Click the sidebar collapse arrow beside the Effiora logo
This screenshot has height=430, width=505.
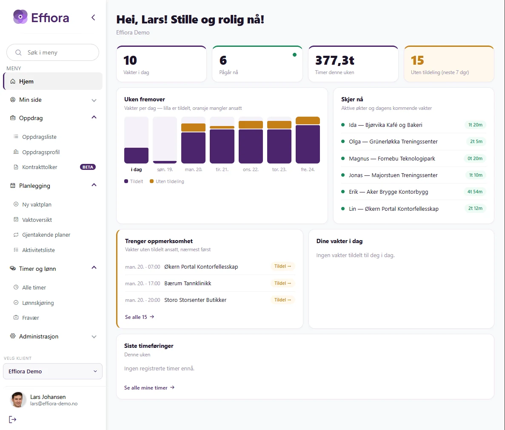94,17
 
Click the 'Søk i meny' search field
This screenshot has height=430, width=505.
52,52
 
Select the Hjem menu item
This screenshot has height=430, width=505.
53,81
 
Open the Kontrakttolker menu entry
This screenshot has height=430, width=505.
40,167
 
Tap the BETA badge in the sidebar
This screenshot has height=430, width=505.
88,167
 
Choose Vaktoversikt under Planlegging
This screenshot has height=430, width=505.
37,220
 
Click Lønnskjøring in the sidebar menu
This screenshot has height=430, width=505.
38,303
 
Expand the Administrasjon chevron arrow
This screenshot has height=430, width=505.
94,337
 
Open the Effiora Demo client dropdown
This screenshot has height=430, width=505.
53,371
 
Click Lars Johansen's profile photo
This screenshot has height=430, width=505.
17,400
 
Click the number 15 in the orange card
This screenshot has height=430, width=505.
417,60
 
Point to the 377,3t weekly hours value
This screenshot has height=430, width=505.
335,60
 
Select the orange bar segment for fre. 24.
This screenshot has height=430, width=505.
308,120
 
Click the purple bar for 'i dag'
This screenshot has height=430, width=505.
136,155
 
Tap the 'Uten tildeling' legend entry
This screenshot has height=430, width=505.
167,181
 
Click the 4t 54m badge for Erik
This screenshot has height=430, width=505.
475,192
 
